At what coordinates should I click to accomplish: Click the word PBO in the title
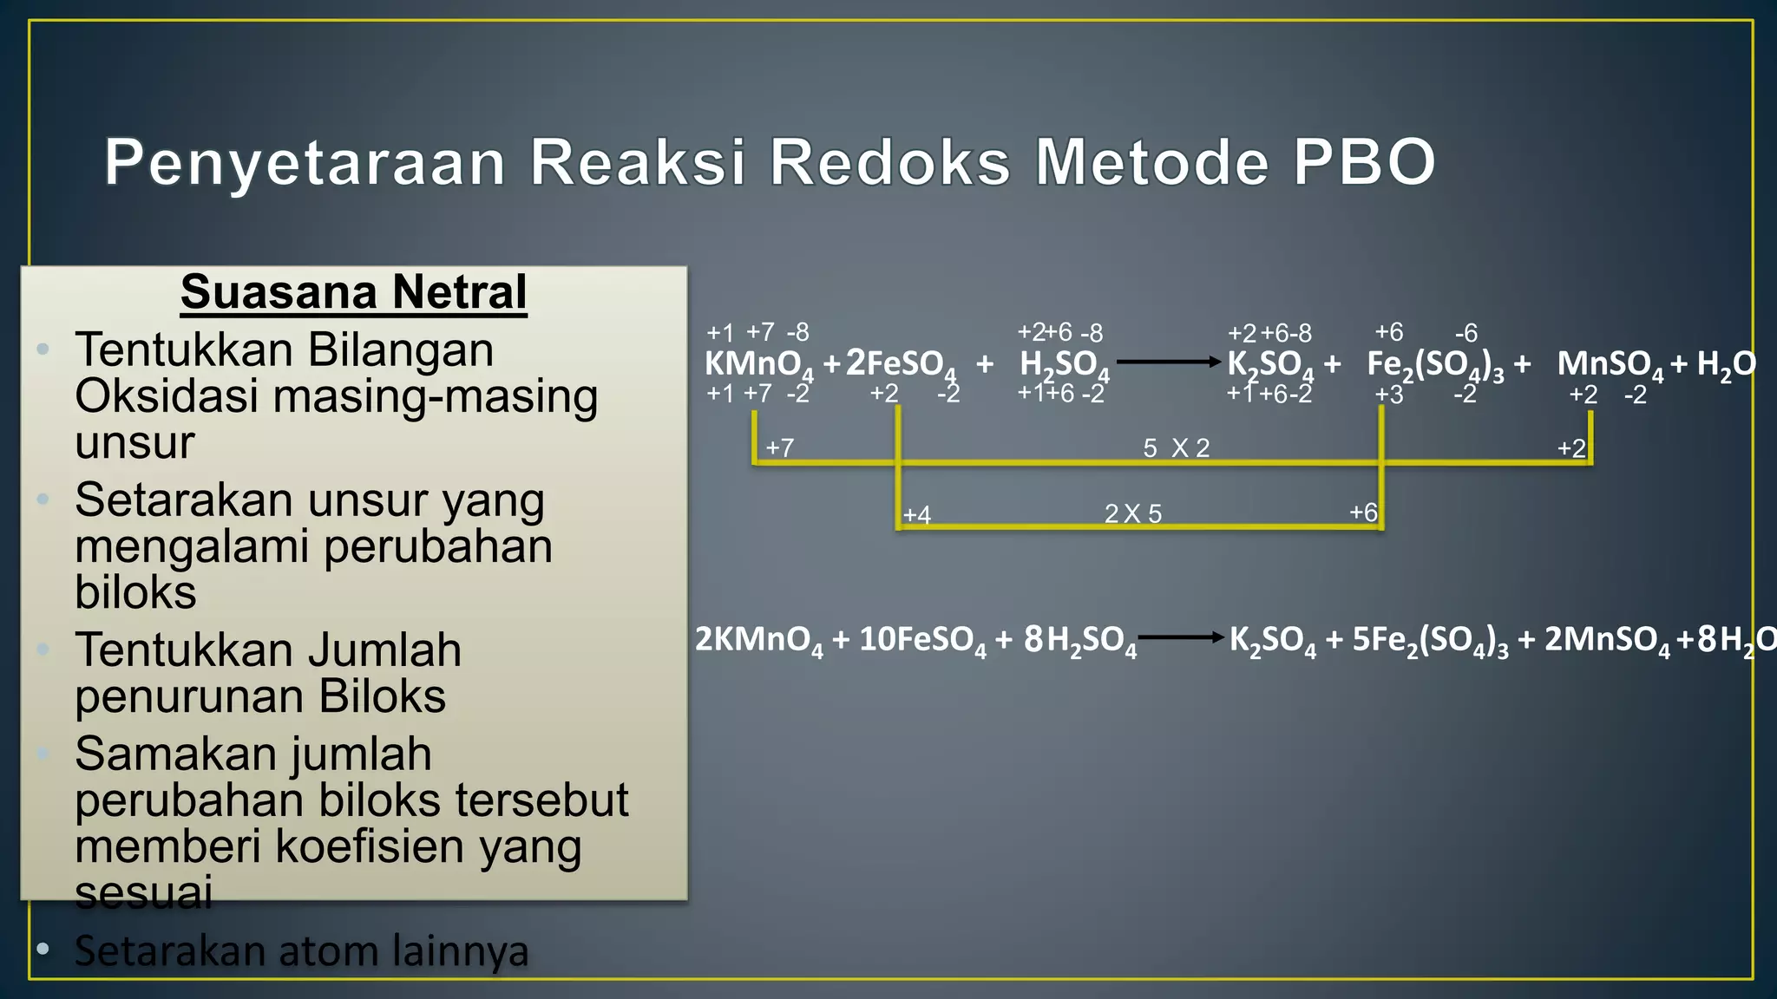click(1364, 162)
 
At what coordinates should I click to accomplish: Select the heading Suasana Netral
click(353, 292)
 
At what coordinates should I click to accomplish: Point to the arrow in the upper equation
click(1168, 362)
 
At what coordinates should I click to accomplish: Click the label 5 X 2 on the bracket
click(1176, 448)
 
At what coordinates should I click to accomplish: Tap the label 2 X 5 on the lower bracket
click(1132, 514)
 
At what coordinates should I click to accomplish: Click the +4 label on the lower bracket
click(917, 515)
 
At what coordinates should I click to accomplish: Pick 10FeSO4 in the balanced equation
click(922, 640)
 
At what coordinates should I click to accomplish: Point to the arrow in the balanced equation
click(1181, 637)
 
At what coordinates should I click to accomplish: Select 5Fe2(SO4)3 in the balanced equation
click(1430, 640)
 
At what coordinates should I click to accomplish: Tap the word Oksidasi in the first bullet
click(167, 396)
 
